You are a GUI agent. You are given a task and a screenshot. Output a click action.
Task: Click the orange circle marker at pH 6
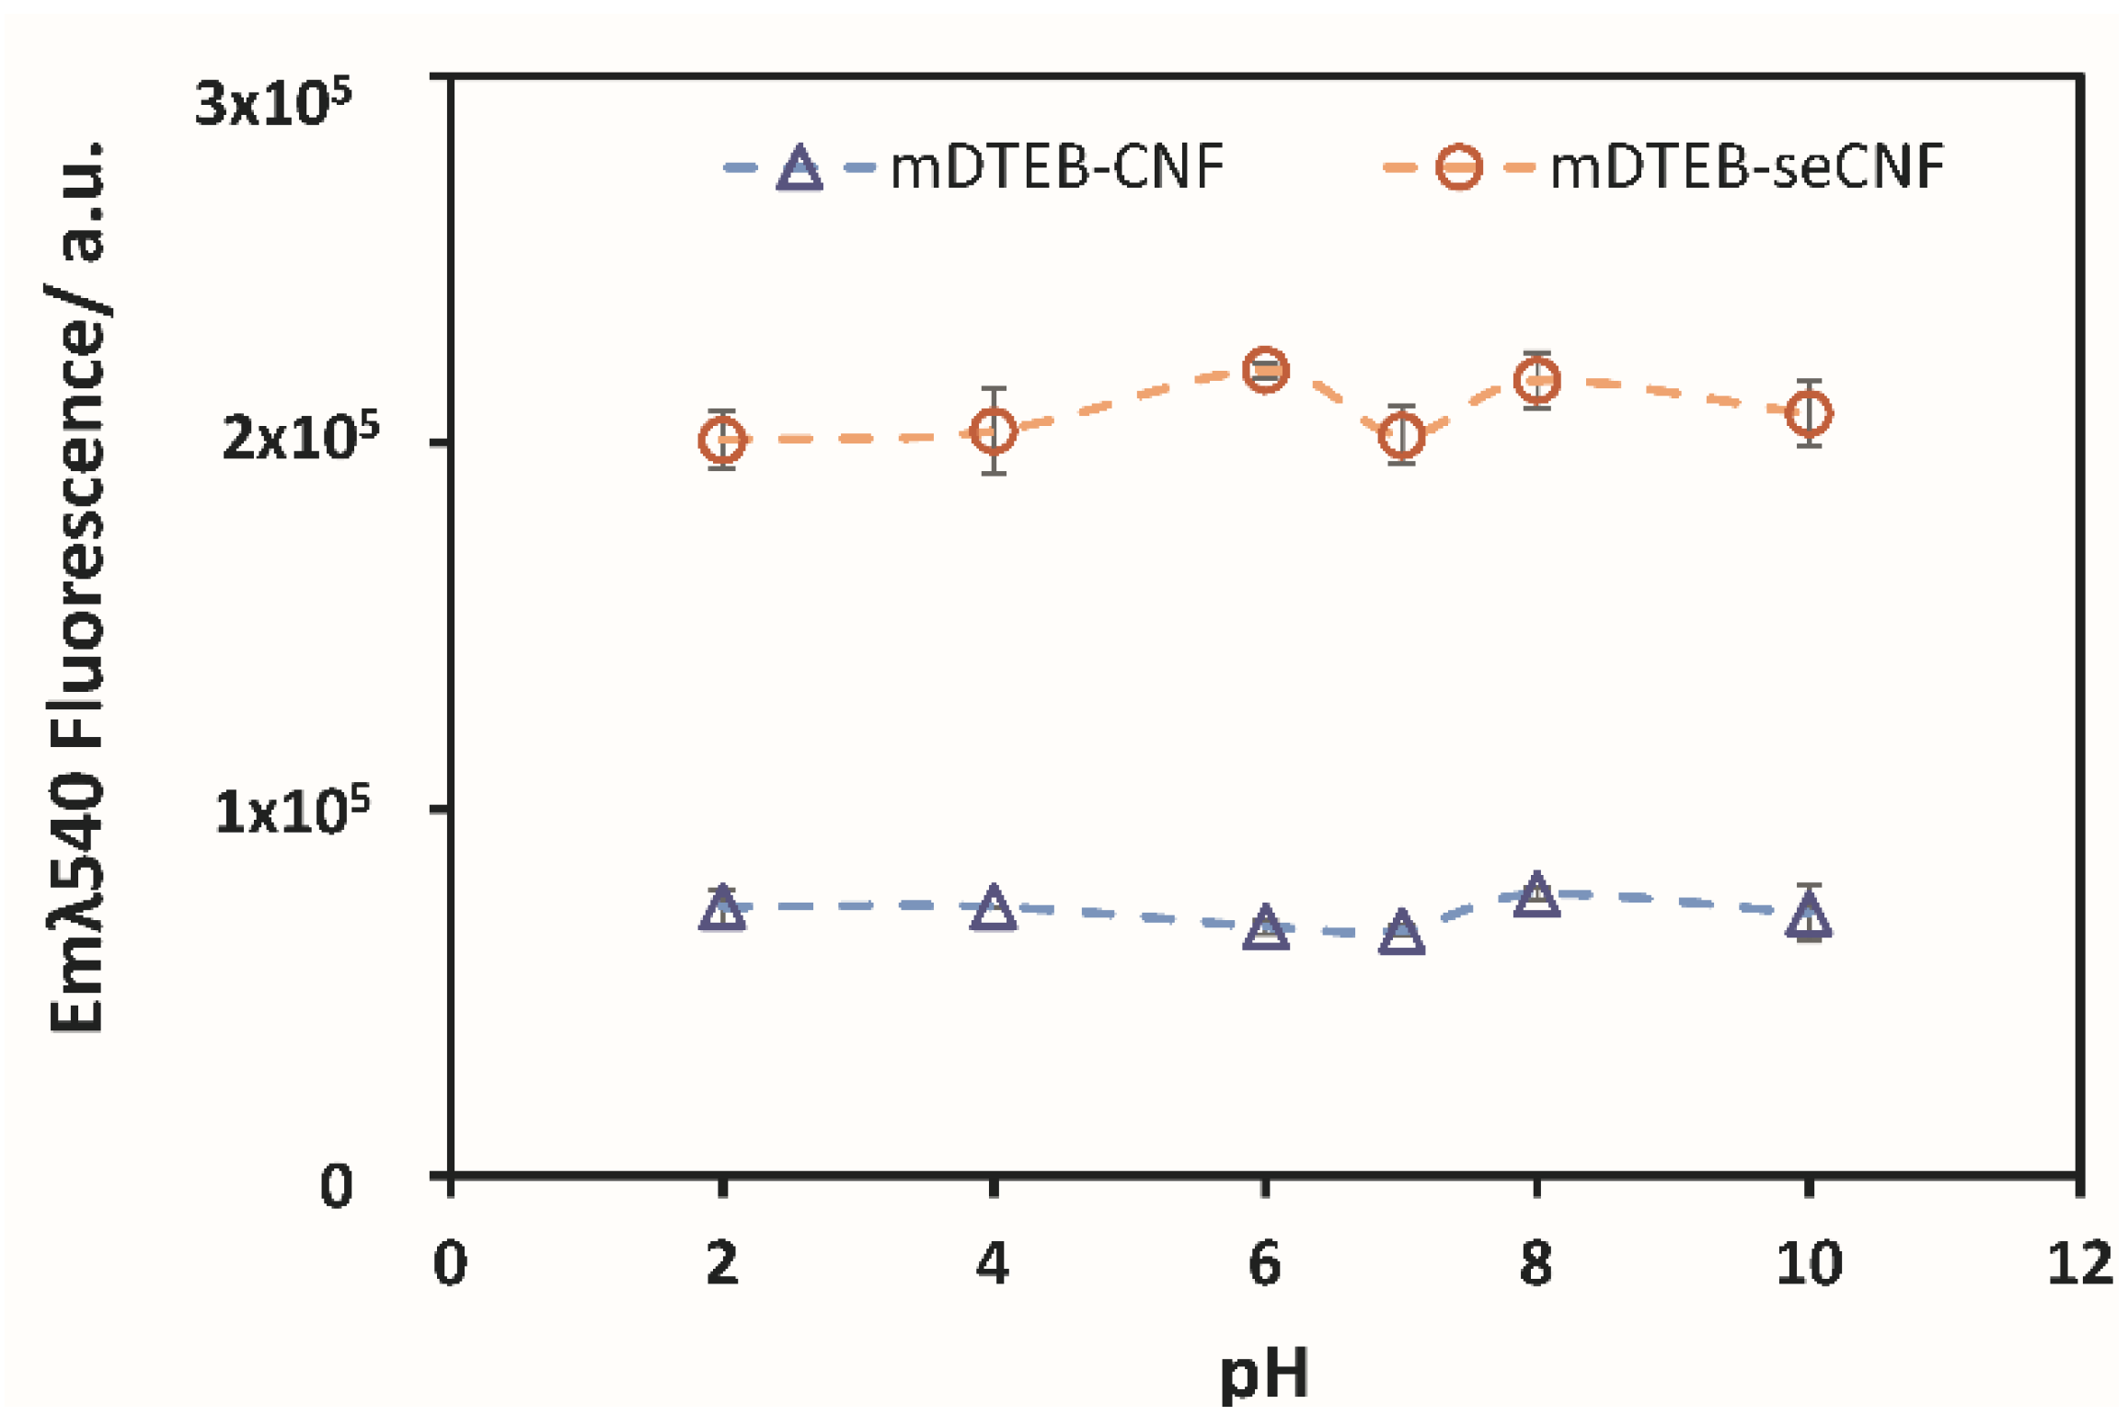(x=1265, y=370)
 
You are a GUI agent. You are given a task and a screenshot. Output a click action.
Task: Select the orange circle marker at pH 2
(x=722, y=439)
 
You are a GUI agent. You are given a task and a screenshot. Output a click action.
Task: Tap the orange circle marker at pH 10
(x=1809, y=413)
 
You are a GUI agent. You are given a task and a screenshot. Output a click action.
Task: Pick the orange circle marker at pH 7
(x=1401, y=434)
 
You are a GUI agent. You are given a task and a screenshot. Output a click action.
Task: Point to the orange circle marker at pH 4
(x=994, y=431)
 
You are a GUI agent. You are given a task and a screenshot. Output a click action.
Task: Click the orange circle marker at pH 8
(x=1536, y=380)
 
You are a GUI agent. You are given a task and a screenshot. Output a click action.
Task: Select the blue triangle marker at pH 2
(x=722, y=911)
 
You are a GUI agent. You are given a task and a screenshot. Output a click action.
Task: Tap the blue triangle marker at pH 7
(x=1401, y=935)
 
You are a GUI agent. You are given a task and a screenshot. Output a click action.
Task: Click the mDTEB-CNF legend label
(x=1057, y=168)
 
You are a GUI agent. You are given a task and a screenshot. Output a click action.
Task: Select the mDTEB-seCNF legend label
(x=1746, y=168)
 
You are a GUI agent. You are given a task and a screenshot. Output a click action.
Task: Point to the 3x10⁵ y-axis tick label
(x=273, y=103)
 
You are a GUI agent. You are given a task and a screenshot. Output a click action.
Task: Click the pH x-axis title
(x=1264, y=1374)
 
